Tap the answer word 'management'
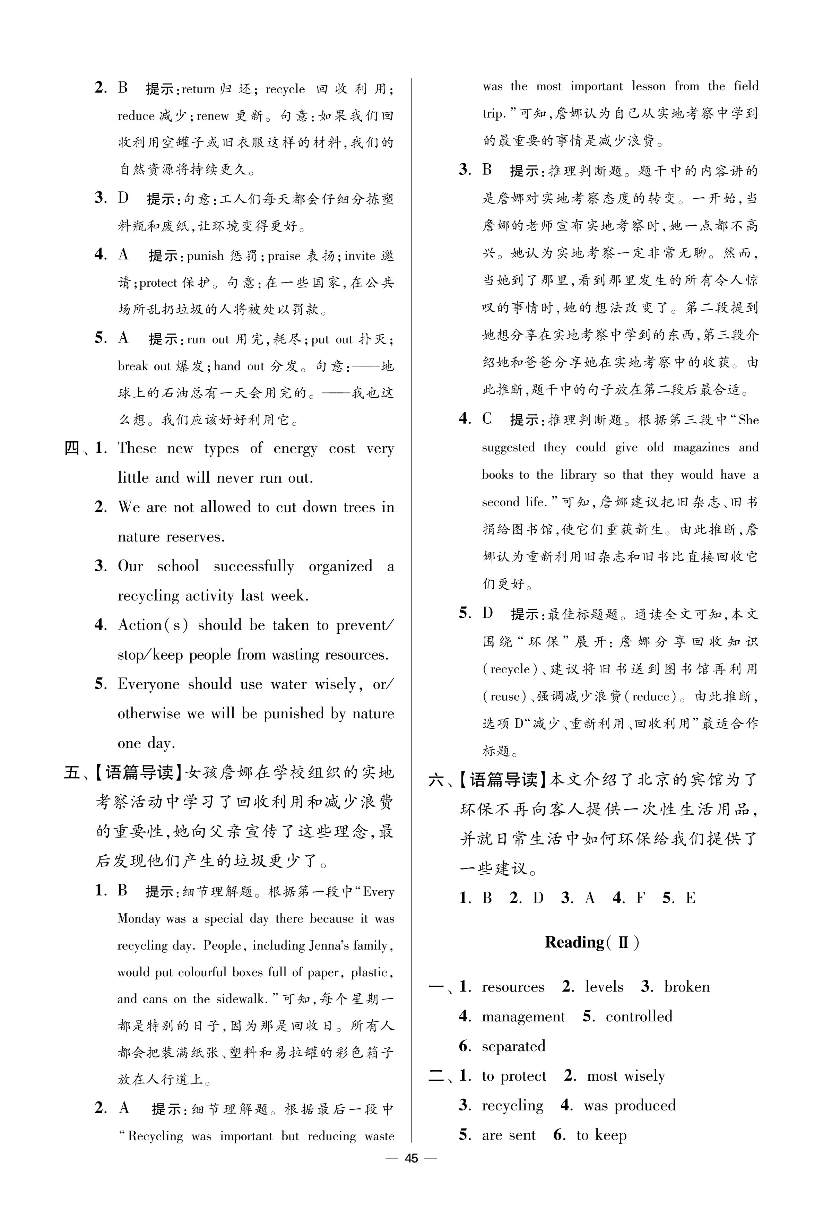point(523,1017)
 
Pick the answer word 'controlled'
point(639,1016)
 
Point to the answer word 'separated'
point(513,1046)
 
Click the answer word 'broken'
point(686,986)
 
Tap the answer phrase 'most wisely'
point(626,1076)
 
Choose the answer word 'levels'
point(604,986)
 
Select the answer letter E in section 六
point(690,898)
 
